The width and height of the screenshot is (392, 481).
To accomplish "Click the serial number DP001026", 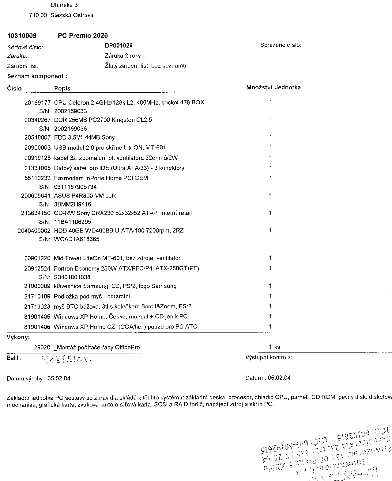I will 119,46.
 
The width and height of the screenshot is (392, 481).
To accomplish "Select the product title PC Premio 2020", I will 83,36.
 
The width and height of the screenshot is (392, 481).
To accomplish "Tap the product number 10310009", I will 22,36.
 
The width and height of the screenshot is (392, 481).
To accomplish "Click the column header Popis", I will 62,88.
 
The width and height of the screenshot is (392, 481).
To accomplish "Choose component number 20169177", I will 37,102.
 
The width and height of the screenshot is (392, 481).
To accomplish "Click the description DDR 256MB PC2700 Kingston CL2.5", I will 103,120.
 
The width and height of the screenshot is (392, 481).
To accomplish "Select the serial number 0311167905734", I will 75,187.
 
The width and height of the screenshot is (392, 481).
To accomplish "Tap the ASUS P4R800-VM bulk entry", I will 85,196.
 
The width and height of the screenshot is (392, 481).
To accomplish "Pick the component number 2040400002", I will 34,231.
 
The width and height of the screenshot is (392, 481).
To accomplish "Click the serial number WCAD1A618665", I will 77,239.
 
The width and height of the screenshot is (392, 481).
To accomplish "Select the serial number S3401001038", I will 72,277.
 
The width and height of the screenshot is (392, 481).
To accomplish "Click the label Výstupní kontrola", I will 269,357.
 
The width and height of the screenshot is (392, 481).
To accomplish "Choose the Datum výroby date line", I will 39,379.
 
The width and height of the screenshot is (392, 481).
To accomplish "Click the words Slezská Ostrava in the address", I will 72,15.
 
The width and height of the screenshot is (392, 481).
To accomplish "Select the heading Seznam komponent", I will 37,76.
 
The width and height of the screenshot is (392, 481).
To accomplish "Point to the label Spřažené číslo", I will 281,45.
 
